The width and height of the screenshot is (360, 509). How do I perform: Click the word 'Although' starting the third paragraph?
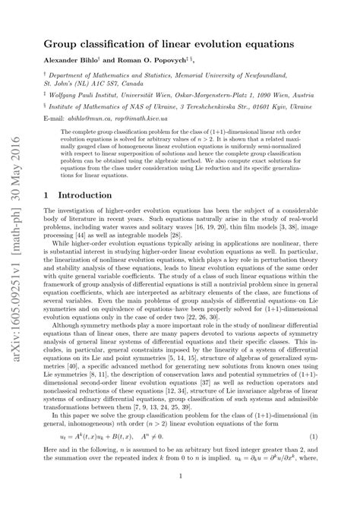(x=70, y=343)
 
